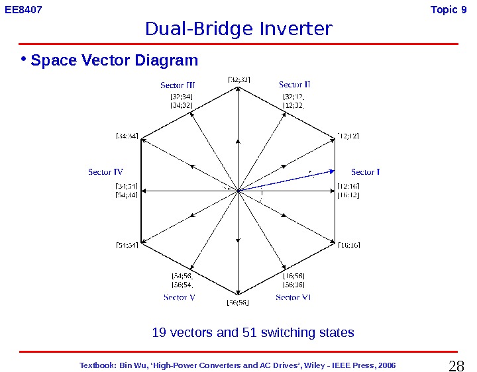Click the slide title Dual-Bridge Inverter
pyautogui.click(x=238, y=29)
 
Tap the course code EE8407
pyautogui.click(x=24, y=10)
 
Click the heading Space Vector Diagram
pyautogui.click(x=114, y=61)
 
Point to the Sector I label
pyautogui.click(x=365, y=172)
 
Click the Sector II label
pyautogui.click(x=295, y=85)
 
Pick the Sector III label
pyautogui.click(x=178, y=85)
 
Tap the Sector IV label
pyautogui.click(x=105, y=172)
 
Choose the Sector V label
pyautogui.click(x=179, y=298)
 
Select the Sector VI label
pyautogui.click(x=293, y=298)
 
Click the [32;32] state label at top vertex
pyautogui.click(x=238, y=79)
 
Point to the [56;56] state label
pyautogui.click(x=237, y=302)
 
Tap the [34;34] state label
pyautogui.click(x=127, y=136)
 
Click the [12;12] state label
pyautogui.click(x=348, y=136)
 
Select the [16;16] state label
pyautogui.click(x=348, y=246)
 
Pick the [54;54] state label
pyautogui.click(x=127, y=246)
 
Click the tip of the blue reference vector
pyautogui.click(x=333, y=171)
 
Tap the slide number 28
pyautogui.click(x=456, y=365)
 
